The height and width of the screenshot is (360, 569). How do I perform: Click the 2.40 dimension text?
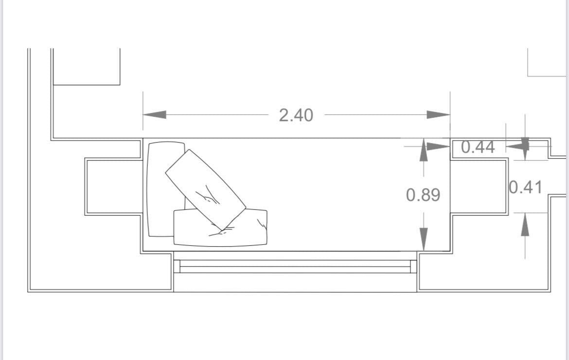click(296, 115)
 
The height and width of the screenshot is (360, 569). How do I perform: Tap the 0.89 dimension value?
click(423, 195)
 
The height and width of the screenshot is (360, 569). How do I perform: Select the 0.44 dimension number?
click(478, 147)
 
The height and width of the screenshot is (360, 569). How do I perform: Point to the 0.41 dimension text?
click(525, 187)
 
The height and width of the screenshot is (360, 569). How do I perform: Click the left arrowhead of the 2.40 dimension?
click(155, 115)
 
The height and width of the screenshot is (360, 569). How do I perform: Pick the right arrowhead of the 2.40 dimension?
click(438, 115)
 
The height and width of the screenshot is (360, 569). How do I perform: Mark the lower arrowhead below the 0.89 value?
click(424, 239)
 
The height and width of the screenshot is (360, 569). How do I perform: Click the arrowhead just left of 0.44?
click(438, 145)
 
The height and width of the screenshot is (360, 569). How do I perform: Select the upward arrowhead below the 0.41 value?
click(525, 225)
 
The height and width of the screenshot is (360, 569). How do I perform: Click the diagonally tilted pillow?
click(205, 190)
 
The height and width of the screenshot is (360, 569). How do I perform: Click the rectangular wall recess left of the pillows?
click(114, 186)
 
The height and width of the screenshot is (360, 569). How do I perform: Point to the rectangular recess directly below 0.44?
click(479, 186)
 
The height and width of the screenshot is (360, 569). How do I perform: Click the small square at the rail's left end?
click(177, 267)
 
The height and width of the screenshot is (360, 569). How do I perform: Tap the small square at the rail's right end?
click(413, 267)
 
